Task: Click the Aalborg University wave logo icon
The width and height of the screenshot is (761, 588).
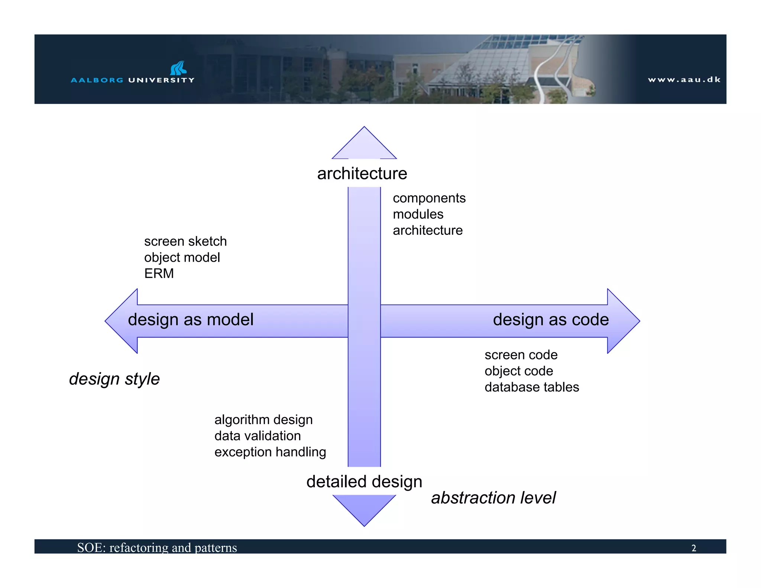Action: (x=179, y=68)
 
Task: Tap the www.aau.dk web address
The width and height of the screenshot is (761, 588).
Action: (x=684, y=80)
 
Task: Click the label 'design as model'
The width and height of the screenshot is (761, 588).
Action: (x=191, y=320)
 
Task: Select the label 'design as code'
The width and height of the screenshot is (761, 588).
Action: (x=551, y=320)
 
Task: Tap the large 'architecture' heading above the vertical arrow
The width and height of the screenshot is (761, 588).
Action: (x=362, y=174)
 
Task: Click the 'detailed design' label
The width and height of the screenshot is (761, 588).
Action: (x=364, y=482)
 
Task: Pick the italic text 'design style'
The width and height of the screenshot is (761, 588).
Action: (x=114, y=379)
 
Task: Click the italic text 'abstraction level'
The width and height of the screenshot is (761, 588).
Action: (x=493, y=498)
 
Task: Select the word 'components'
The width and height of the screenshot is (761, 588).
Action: (x=429, y=198)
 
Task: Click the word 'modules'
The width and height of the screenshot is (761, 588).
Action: (x=418, y=214)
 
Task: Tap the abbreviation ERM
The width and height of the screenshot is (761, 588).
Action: (x=159, y=274)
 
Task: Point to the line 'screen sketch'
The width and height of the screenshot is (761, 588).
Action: (x=185, y=241)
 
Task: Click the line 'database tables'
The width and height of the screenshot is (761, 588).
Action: (x=532, y=387)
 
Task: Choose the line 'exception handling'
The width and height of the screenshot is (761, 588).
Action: (x=270, y=452)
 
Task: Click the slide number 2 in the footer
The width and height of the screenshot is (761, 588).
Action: (x=694, y=548)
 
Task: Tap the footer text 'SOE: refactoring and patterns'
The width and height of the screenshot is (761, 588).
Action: (x=157, y=547)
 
